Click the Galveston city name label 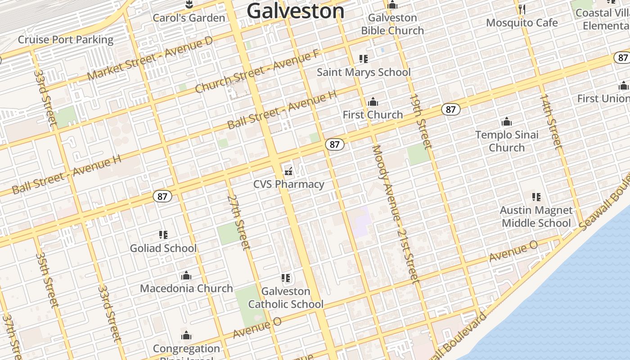pos(296,11)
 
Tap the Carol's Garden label pos(189,18)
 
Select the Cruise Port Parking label pos(66,40)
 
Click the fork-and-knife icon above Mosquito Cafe pos(522,9)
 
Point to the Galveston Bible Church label pos(392,24)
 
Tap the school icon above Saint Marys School pos(364,59)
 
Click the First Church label pos(373,115)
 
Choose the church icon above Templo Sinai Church pos(507,121)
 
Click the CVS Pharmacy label pos(288,184)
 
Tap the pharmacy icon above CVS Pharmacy pos(288,171)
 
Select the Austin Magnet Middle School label pos(536,216)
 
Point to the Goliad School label pos(163,248)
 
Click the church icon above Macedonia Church pos(186,275)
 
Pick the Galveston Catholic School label pos(286,298)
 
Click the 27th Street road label pos(238,222)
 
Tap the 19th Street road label pos(420,121)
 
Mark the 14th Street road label pos(551,121)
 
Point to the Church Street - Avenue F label pos(257,72)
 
